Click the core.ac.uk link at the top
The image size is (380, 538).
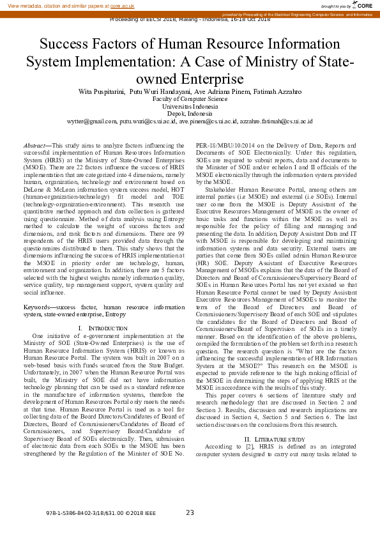coord(123,5)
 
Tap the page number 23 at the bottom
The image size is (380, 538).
coord(190,512)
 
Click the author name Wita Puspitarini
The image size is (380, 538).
coord(101,92)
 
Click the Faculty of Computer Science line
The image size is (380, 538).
coord(190,99)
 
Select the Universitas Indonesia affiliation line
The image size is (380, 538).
coord(190,106)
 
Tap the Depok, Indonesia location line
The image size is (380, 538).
coord(190,113)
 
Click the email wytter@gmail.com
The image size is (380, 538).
coord(92,121)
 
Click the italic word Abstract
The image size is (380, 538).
coord(35,146)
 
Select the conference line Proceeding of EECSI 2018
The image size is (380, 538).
coord(190,20)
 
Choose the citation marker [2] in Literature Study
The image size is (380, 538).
coord(242,447)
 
